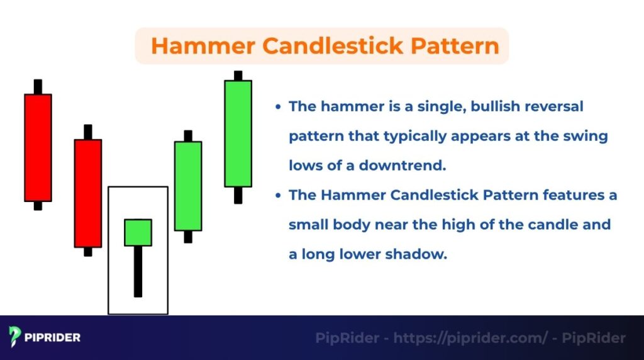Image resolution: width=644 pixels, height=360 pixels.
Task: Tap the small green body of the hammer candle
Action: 138,232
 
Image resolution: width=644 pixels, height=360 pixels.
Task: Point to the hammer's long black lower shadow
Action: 138,271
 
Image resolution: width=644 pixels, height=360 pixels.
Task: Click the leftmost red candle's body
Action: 38,148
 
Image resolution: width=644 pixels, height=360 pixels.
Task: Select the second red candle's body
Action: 88,193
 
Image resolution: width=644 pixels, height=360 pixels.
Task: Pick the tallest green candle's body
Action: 238,133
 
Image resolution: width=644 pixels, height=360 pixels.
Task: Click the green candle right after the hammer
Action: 188,186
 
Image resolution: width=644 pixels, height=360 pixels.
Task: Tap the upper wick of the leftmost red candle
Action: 38,87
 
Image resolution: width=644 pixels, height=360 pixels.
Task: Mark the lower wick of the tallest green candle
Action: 238,195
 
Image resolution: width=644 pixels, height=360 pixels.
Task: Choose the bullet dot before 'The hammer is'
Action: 278,107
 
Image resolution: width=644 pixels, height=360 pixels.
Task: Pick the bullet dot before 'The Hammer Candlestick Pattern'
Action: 278,196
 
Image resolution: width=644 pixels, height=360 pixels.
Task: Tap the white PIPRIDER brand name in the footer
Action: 53,337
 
